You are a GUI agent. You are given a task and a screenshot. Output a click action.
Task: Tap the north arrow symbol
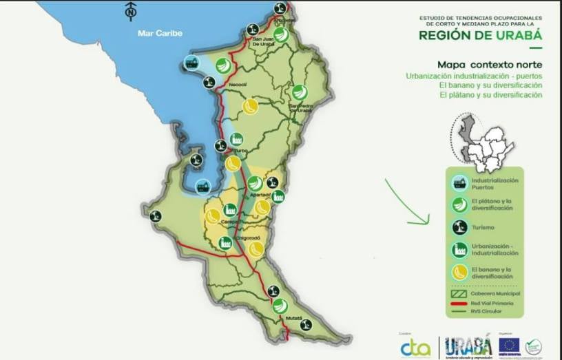click(130, 11)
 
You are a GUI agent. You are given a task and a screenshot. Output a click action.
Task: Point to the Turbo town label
click(240, 150)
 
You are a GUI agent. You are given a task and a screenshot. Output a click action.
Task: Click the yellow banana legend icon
click(459, 272)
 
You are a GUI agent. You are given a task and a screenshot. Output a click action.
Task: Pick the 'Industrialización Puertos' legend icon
click(459, 183)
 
